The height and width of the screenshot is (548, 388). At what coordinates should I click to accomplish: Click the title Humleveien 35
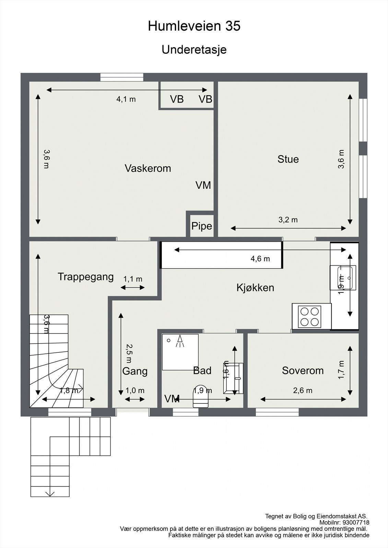pyautogui.click(x=194, y=26)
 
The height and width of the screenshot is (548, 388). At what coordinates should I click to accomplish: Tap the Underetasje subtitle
pyautogui.click(x=194, y=50)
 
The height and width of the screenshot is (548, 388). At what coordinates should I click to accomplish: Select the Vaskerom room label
pyautogui.click(x=148, y=168)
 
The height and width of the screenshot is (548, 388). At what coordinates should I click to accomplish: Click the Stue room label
pyautogui.click(x=288, y=159)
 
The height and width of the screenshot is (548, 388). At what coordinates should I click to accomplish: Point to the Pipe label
pyautogui.click(x=202, y=226)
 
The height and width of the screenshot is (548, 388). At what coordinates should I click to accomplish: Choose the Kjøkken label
pyautogui.click(x=255, y=288)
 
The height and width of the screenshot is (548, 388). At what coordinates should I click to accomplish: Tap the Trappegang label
pyautogui.click(x=86, y=277)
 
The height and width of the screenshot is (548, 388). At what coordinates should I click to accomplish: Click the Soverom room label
pyautogui.click(x=303, y=371)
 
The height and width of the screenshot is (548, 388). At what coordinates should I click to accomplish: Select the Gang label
pyautogui.click(x=135, y=371)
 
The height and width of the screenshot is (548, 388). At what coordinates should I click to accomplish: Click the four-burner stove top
pyautogui.click(x=309, y=317)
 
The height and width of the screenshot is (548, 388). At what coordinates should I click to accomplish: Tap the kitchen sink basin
pyautogui.click(x=345, y=278)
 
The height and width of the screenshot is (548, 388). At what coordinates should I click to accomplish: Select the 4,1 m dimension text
pyautogui.click(x=126, y=99)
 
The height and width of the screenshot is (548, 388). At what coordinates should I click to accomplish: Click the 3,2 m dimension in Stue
pyautogui.click(x=288, y=220)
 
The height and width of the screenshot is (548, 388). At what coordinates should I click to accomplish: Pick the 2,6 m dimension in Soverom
pyautogui.click(x=303, y=390)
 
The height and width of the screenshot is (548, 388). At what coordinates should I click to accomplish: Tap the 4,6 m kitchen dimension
pyautogui.click(x=260, y=259)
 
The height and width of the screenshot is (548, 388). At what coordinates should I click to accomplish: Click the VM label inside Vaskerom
pyautogui.click(x=203, y=185)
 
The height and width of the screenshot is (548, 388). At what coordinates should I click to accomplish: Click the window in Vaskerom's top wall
pyautogui.click(x=122, y=77)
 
